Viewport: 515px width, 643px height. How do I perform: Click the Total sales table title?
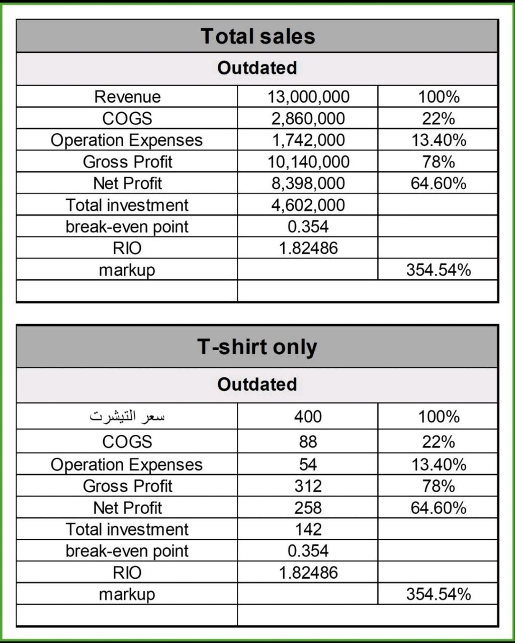point(257,36)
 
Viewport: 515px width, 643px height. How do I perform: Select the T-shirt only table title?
point(257,347)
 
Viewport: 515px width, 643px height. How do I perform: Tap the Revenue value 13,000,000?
point(308,97)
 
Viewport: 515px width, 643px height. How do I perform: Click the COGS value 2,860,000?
point(308,119)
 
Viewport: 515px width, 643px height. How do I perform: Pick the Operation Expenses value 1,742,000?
point(308,140)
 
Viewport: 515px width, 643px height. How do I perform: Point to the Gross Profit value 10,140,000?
point(308,162)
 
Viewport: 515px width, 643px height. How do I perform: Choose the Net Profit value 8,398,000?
point(308,184)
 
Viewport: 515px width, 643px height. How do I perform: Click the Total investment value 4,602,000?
point(308,205)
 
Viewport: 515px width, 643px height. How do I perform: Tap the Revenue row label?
point(127,97)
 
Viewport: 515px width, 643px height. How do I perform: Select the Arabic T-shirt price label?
point(127,417)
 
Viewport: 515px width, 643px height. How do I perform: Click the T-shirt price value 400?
point(308,417)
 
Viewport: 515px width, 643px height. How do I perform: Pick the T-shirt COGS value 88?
point(308,442)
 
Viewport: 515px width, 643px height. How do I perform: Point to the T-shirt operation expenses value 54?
point(308,464)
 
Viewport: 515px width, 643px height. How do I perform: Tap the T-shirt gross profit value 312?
point(308,486)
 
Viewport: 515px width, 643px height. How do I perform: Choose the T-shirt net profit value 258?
point(308,508)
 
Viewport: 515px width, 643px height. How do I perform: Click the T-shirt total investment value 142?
point(308,529)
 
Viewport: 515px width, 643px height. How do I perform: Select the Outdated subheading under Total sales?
point(257,68)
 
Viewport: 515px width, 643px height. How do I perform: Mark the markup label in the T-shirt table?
point(127,594)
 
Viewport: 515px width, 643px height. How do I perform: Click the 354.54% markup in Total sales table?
point(439,270)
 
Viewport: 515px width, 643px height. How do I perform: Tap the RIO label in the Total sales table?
point(127,249)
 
